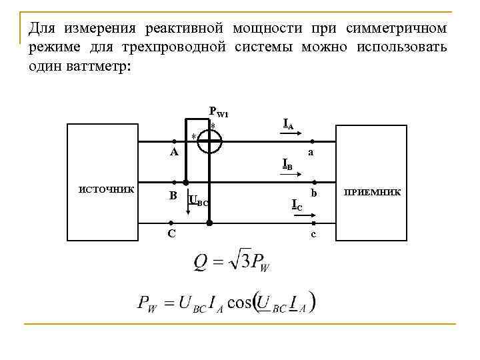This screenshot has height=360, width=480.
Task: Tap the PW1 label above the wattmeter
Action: (x=219, y=112)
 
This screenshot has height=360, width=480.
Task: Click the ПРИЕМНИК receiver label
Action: (x=372, y=192)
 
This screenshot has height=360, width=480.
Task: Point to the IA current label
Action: (x=289, y=123)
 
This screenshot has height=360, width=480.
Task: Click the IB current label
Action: (x=287, y=163)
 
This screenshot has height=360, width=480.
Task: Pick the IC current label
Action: (x=297, y=205)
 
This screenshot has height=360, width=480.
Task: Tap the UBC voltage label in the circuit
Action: (x=199, y=200)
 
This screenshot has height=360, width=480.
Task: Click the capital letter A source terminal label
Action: (x=173, y=152)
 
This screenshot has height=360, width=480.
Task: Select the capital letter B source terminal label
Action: (x=173, y=195)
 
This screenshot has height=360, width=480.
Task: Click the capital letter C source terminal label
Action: (x=172, y=233)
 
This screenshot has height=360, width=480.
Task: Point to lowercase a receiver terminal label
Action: (x=311, y=153)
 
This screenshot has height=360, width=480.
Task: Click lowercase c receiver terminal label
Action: (x=313, y=234)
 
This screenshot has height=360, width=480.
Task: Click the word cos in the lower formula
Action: (x=239, y=303)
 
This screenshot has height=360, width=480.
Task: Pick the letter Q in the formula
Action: (x=201, y=261)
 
